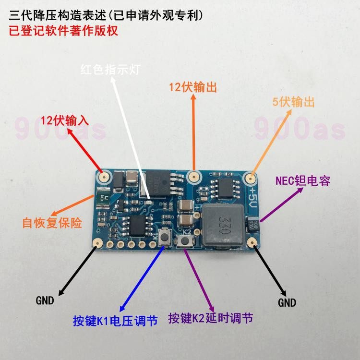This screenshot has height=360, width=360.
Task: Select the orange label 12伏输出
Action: click(x=193, y=87)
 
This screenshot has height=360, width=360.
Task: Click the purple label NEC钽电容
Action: click(x=303, y=181)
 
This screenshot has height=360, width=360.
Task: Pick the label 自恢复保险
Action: click(x=52, y=223)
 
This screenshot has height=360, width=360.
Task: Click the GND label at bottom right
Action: click(x=287, y=302)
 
